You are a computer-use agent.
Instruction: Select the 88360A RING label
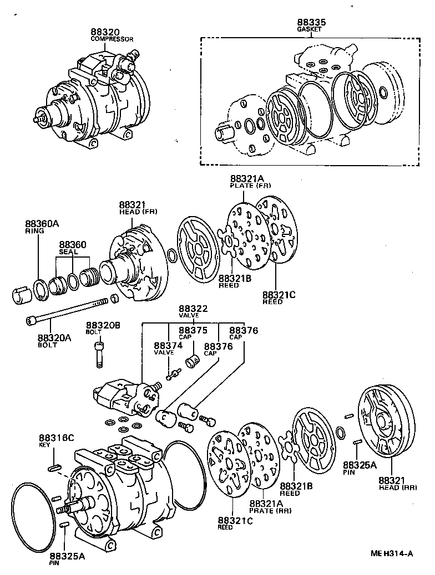pyautogui.click(x=41, y=227)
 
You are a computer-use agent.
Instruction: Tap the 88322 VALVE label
pyautogui.click(x=192, y=311)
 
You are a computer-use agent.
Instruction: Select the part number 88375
pyautogui.click(x=193, y=330)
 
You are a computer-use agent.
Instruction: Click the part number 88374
pyautogui.click(x=168, y=346)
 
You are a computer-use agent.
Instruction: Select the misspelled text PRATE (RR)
pyautogui.click(x=270, y=510)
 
